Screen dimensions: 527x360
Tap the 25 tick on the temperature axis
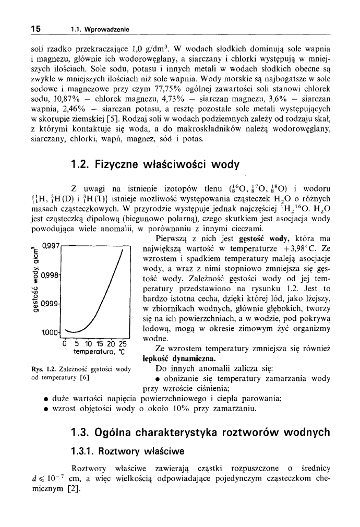pos(123,344)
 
